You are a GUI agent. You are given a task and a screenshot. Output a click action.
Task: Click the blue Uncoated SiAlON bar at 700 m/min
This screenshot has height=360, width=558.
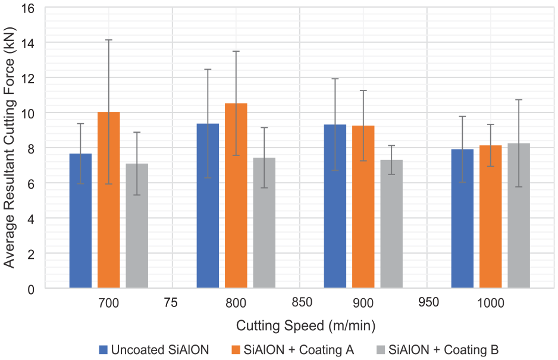(80, 220)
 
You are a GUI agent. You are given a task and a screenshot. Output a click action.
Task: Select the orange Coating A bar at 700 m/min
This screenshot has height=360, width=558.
(108, 200)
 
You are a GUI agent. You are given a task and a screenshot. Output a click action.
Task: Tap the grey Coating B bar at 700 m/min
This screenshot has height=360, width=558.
(137, 226)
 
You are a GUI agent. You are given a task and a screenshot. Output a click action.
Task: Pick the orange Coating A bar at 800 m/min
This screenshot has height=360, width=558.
(236, 196)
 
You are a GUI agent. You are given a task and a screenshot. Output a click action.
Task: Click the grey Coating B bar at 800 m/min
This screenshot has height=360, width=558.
(264, 223)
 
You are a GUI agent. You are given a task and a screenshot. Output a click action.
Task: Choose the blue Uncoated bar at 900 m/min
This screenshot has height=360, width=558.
(335, 206)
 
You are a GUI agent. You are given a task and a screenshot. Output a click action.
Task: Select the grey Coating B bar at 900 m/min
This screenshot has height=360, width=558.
(391, 224)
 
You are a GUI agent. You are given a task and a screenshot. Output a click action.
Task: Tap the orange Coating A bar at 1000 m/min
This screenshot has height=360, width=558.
(490, 217)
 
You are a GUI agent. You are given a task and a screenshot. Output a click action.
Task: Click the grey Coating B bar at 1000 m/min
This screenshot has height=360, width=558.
(519, 215)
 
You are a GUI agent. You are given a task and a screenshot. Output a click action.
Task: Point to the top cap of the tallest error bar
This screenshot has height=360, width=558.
(109, 40)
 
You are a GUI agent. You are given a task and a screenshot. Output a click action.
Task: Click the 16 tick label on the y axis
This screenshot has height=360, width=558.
(28, 8)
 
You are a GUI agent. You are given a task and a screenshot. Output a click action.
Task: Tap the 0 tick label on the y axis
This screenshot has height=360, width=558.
(31, 289)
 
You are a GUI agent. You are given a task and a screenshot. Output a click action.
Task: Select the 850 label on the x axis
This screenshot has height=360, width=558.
(302, 302)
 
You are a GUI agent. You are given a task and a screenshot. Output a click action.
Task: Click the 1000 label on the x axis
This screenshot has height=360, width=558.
(490, 303)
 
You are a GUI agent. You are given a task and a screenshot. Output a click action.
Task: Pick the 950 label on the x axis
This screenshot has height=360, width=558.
(428, 302)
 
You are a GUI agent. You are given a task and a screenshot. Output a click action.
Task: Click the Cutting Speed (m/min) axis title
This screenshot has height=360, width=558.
(306, 326)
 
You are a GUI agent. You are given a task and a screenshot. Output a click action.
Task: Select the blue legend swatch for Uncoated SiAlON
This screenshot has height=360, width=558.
(103, 350)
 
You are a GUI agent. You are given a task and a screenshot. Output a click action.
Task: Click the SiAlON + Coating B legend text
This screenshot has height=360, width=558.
(443, 350)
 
